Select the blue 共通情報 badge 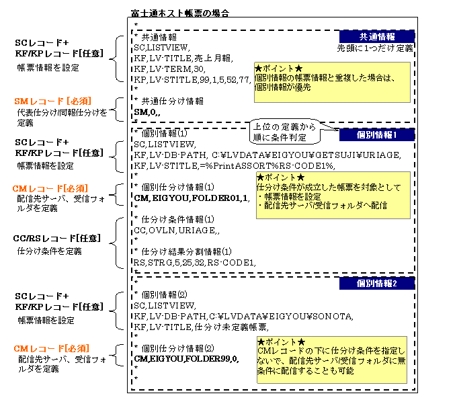click(377, 36)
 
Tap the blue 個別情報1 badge click(377, 135)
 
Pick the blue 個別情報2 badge click(377, 284)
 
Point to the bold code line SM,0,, click(147, 112)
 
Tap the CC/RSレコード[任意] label click(51, 239)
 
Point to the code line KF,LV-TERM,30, click(167, 69)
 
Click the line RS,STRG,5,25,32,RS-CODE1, click(195, 262)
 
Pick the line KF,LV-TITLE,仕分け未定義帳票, click(201, 327)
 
